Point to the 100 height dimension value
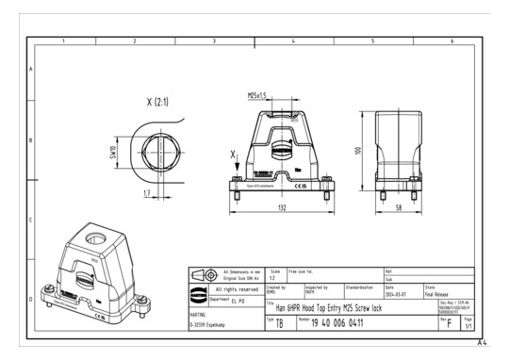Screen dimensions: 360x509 359,151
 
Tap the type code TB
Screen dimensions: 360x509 279,323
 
